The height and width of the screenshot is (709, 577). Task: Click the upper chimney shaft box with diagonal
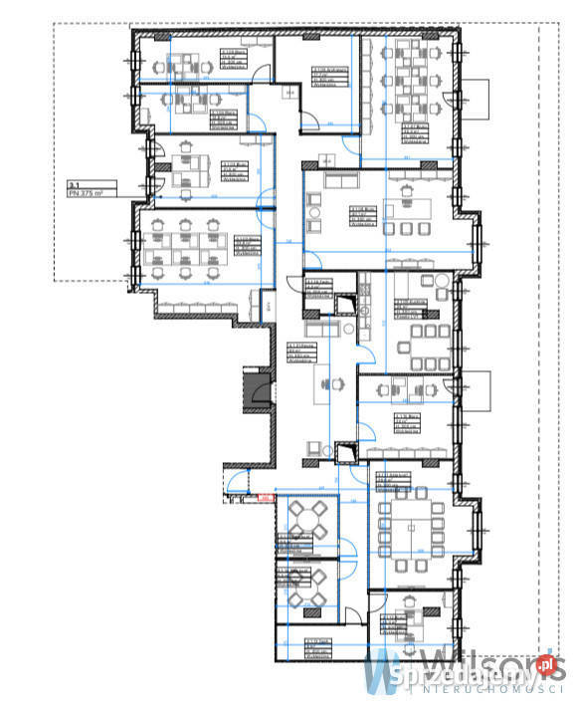coord(344,304)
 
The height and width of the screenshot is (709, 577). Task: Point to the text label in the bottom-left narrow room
coord(316,648)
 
